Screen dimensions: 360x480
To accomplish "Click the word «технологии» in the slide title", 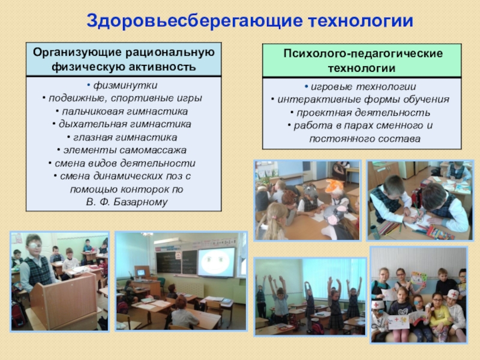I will click(x=360, y=21).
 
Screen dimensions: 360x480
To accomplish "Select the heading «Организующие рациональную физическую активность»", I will click(x=124, y=59).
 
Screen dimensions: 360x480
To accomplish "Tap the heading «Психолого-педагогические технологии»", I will click(x=362, y=61).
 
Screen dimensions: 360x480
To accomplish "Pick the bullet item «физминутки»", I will click(x=125, y=86).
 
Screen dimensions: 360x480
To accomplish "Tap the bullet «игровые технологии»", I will click(x=362, y=86).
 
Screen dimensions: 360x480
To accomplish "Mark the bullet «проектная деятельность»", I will click(x=362, y=112).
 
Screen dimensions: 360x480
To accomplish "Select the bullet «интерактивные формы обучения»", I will click(x=362, y=100).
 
